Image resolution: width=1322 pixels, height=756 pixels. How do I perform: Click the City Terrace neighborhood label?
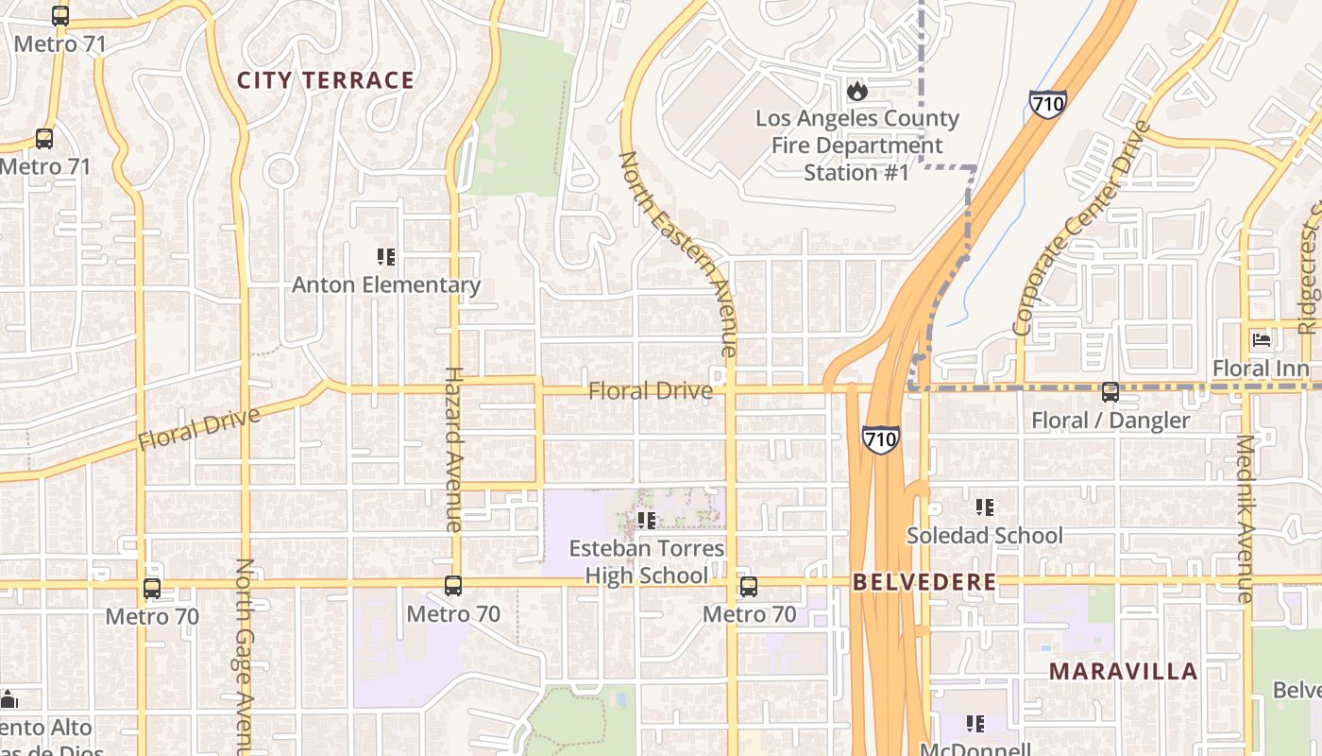(325, 80)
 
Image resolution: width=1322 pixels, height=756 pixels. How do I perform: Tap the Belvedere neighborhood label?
(924, 582)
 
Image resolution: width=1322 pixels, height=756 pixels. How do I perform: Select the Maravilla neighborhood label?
(1123, 672)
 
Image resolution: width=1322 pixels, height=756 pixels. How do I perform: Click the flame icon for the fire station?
(856, 91)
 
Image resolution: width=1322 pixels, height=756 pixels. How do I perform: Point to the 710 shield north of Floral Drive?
(1048, 103)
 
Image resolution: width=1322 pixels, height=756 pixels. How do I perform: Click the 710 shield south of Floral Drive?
(880, 438)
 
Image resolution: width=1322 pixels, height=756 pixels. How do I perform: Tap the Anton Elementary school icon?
(385, 257)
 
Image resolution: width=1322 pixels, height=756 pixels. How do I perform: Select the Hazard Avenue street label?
(453, 449)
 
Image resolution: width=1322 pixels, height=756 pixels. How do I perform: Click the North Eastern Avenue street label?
(676, 253)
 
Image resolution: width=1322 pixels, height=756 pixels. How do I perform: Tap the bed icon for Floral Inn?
(1261, 340)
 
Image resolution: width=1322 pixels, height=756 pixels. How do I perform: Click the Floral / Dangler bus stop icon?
(1110, 391)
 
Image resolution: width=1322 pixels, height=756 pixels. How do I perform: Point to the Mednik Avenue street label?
(1246, 518)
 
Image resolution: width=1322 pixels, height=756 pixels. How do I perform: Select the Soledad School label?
(984, 536)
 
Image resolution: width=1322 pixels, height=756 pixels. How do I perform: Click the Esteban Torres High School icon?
(646, 520)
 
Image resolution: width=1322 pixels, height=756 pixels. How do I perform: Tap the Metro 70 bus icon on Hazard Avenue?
(453, 586)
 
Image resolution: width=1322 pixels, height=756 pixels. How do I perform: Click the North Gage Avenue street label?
(245, 652)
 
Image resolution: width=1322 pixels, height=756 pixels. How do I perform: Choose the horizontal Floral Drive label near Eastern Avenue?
(650, 390)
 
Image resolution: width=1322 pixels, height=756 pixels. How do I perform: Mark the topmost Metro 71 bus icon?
(60, 16)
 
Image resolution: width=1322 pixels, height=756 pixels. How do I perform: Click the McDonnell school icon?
(975, 724)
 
